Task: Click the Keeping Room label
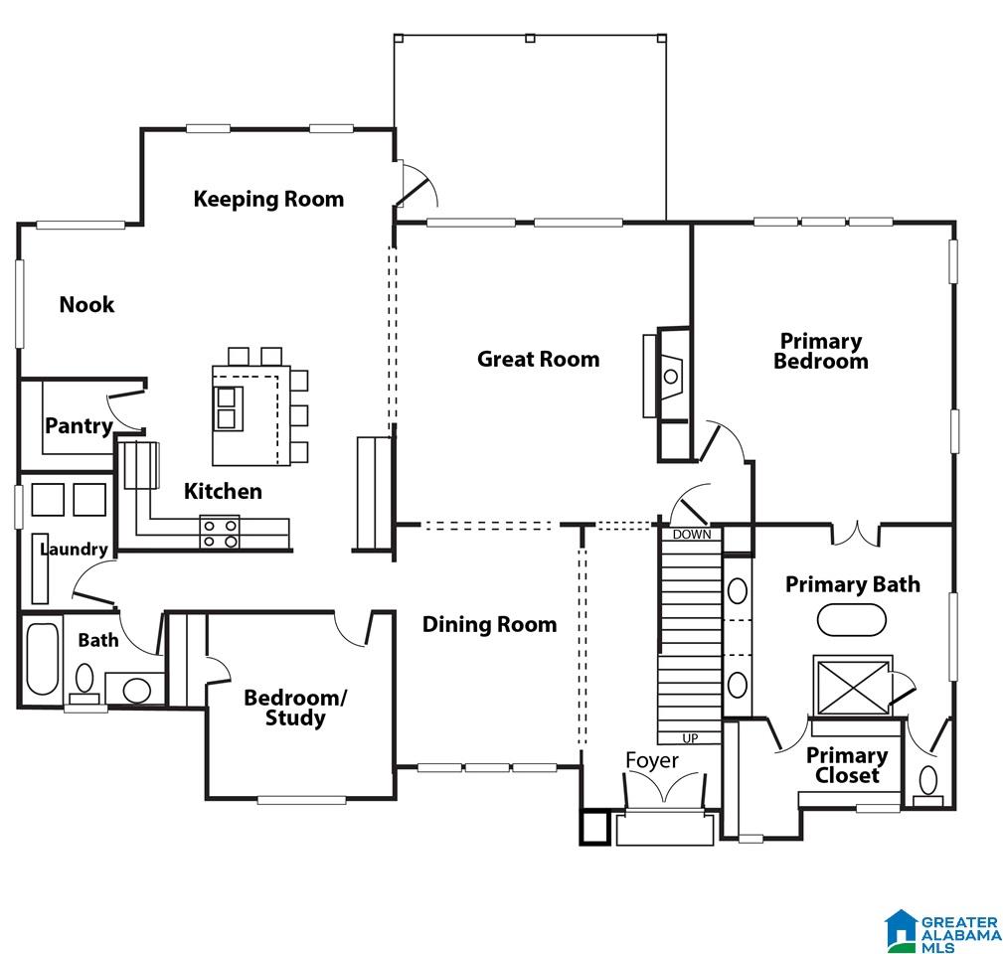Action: [268, 199]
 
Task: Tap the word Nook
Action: [86, 304]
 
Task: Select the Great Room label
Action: [539, 359]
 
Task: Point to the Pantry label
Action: [79, 426]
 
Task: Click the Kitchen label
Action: [223, 491]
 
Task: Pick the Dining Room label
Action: [489, 625]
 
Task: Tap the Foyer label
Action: [652, 761]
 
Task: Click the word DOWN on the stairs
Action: [692, 534]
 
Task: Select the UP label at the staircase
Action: [690, 738]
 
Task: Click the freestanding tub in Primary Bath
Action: [851, 620]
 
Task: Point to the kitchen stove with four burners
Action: [220, 532]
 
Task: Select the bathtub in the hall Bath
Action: [43, 659]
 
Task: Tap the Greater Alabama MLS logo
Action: [942, 930]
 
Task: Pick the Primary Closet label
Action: [846, 765]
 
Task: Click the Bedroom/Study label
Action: [295, 708]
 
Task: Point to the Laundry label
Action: [75, 550]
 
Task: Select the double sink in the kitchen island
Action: [228, 408]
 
